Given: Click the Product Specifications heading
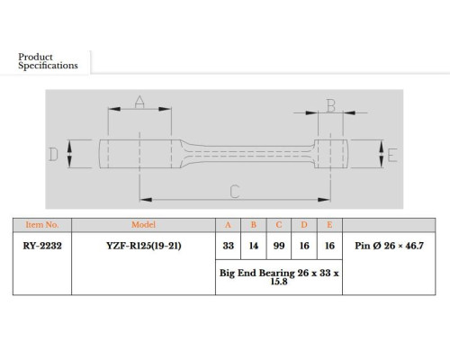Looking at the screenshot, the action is [48, 61].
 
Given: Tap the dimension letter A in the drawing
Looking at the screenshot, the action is [139, 102].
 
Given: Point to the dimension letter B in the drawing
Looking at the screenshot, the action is [331, 105].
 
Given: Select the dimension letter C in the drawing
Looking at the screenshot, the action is [235, 192].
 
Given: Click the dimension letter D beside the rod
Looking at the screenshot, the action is [53, 155].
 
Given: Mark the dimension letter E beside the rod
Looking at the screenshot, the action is [392, 155].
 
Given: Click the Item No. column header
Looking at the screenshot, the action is [42, 225].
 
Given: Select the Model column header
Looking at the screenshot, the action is [143, 225].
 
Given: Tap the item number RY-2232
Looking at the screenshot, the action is [42, 246].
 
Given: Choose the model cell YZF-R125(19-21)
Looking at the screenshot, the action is [144, 246].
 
